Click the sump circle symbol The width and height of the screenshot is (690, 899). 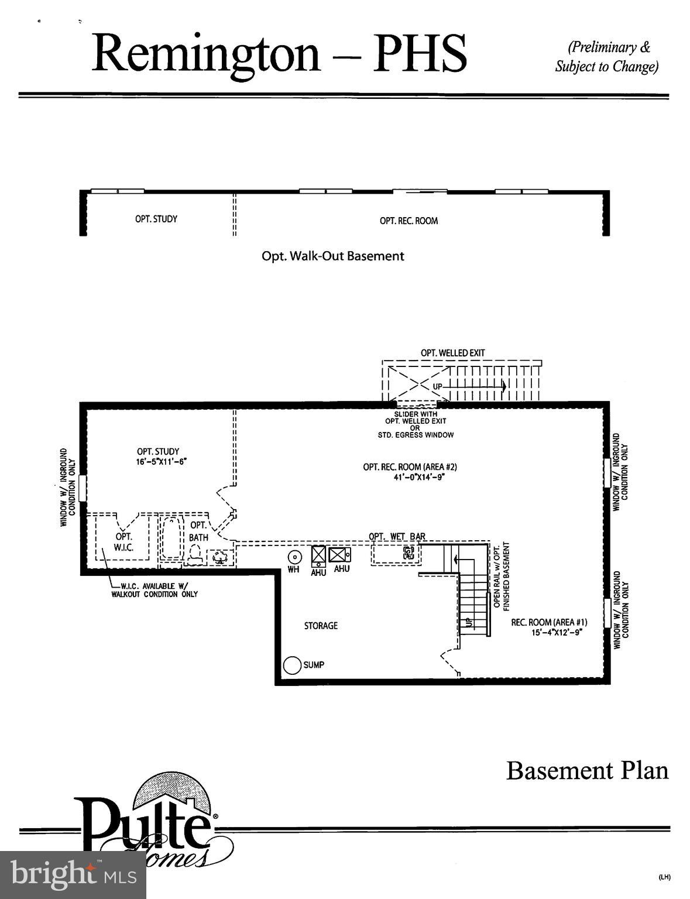(x=292, y=665)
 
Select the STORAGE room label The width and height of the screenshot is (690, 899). (x=321, y=626)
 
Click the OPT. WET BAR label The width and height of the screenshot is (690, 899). (x=397, y=536)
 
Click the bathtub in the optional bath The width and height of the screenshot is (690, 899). (x=171, y=538)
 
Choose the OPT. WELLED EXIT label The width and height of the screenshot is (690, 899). (x=452, y=353)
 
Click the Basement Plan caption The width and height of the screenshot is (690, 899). (x=587, y=770)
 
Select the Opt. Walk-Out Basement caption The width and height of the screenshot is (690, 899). (x=332, y=256)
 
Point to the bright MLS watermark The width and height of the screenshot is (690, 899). (x=73, y=875)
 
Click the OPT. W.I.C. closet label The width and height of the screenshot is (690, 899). (x=123, y=542)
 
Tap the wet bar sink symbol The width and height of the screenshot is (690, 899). (x=408, y=552)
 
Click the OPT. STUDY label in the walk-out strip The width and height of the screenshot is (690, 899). (x=156, y=219)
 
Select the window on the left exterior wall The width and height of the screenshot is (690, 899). (x=83, y=488)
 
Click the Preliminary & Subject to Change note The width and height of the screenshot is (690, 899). (x=607, y=57)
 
